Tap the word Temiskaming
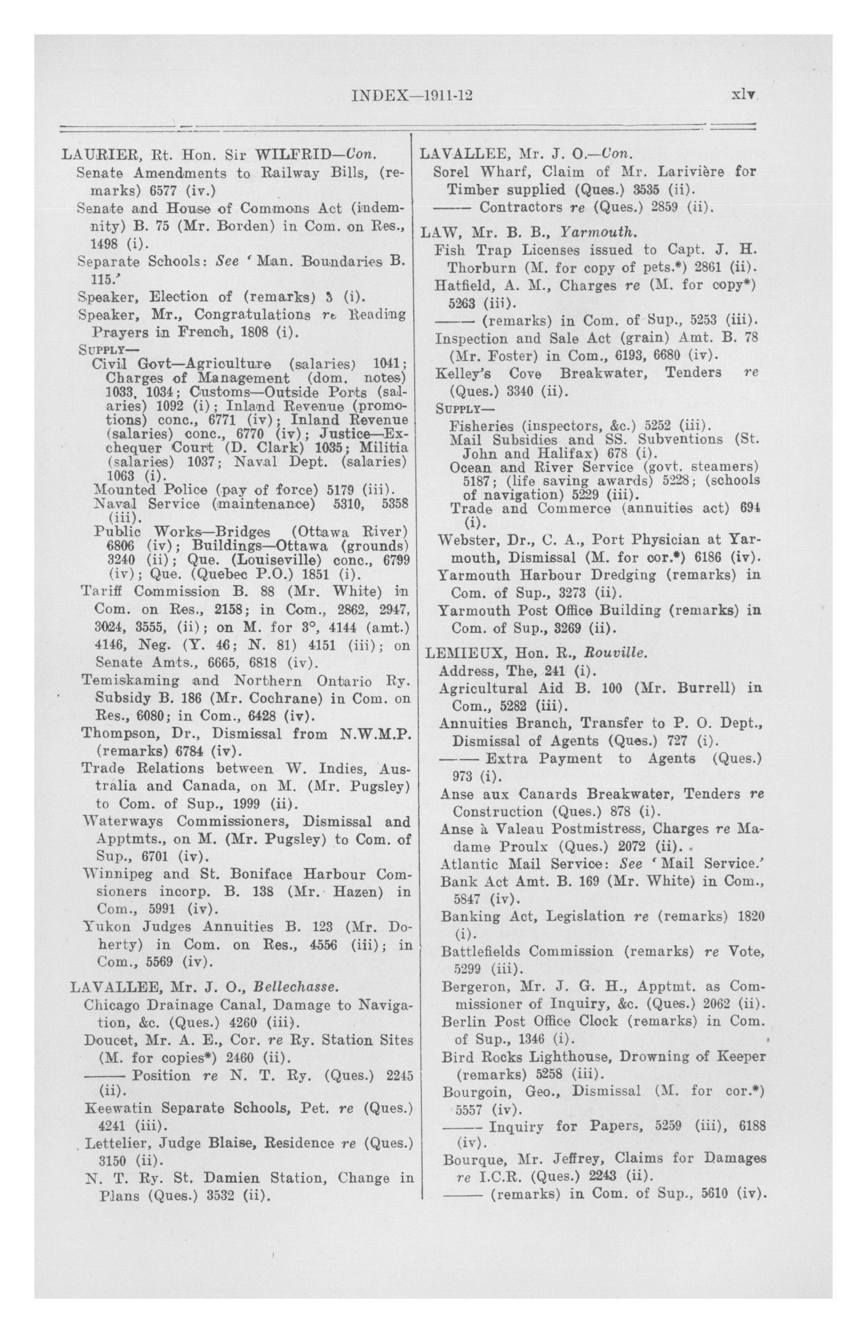tap(130, 681)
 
